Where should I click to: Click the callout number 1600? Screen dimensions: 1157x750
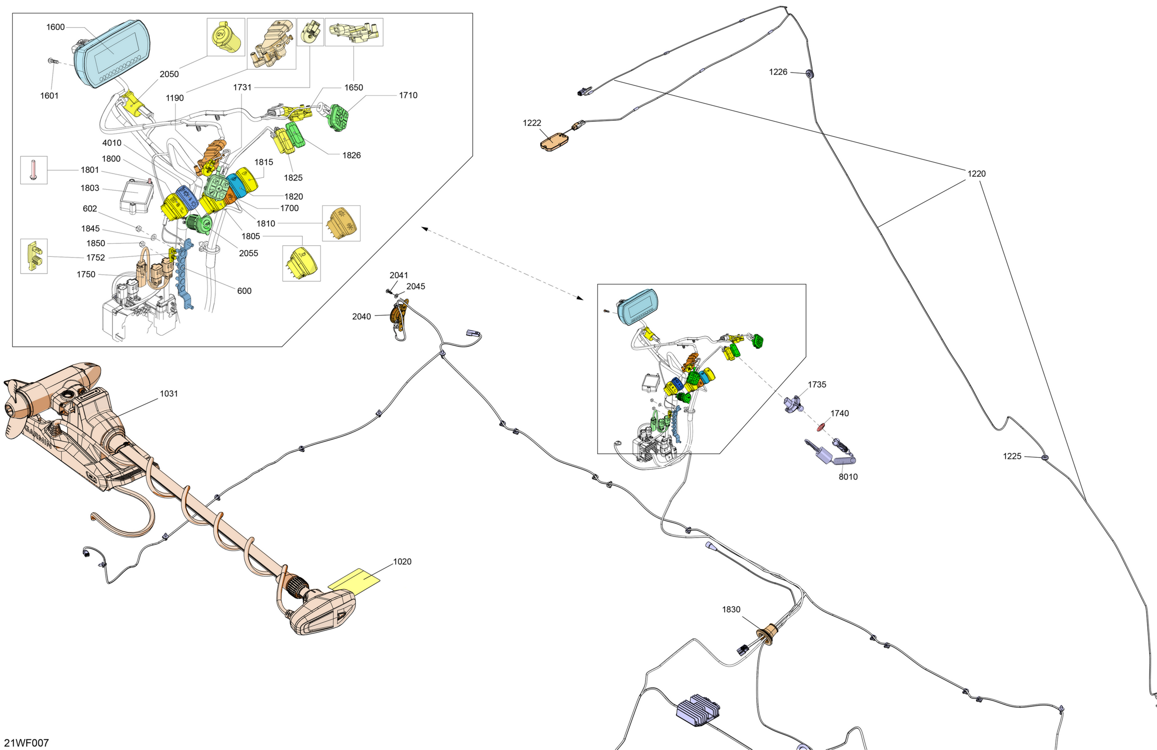[56, 27]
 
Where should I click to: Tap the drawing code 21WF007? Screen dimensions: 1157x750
[26, 743]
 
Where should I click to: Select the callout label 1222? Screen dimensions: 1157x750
[532, 123]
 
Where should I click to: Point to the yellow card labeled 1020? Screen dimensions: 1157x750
[354, 580]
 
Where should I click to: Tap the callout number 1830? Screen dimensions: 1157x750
[731, 610]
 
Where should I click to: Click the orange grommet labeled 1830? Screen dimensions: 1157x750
[767, 634]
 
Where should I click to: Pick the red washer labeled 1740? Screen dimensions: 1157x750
[821, 427]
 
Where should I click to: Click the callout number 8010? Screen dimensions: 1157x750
[848, 477]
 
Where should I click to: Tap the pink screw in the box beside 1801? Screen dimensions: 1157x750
[34, 170]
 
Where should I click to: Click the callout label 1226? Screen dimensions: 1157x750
[778, 72]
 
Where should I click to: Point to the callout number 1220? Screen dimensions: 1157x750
[977, 174]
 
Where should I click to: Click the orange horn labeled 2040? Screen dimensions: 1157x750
[399, 316]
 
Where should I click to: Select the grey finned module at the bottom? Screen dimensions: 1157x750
[698, 710]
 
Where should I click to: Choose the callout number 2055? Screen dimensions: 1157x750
[248, 253]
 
